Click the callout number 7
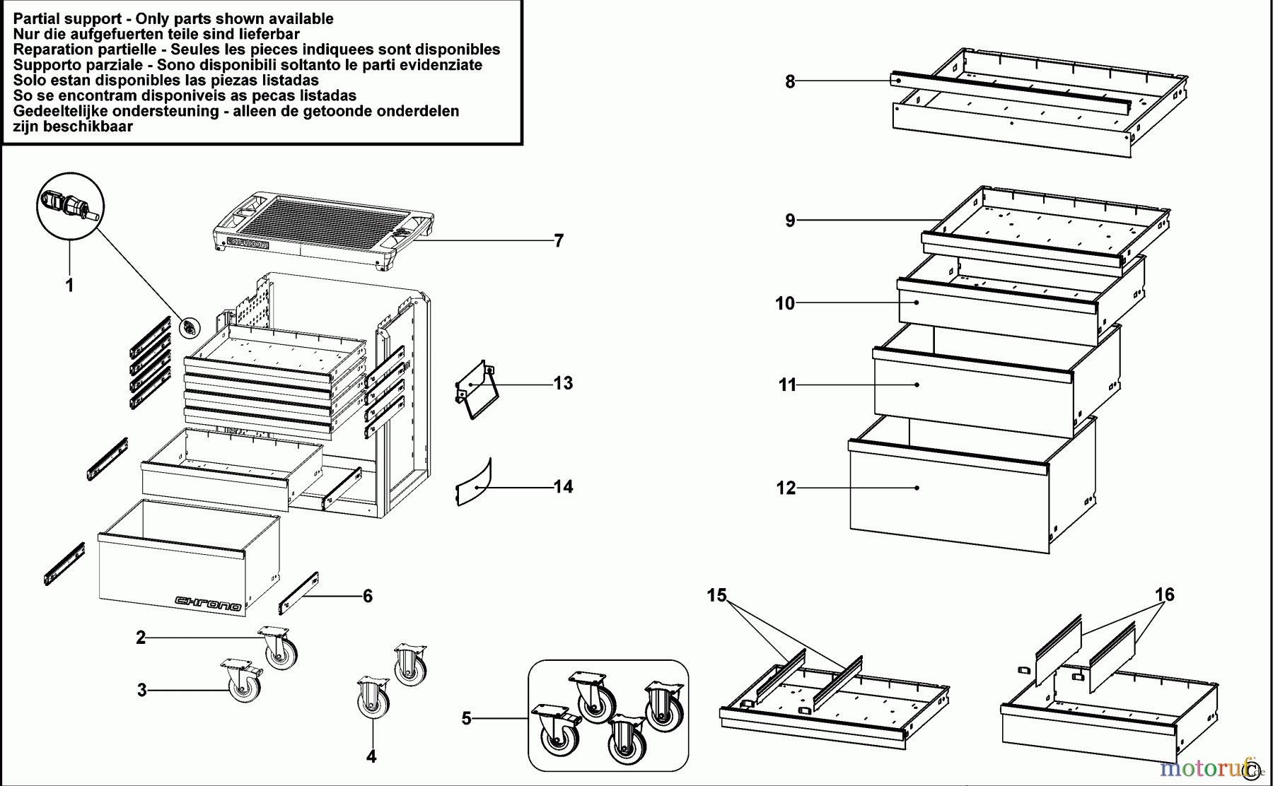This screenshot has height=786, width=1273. pyautogui.click(x=559, y=241)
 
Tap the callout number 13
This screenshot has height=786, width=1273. pyautogui.click(x=563, y=383)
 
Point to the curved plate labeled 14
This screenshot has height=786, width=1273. pyautogui.click(x=474, y=482)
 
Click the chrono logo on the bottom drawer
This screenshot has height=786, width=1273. pyautogui.click(x=208, y=603)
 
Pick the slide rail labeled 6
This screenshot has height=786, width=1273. pyautogui.click(x=298, y=593)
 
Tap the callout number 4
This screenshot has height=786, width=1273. pyautogui.click(x=371, y=756)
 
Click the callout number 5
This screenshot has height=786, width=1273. pyautogui.click(x=466, y=719)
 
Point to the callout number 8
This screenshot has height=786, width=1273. pyautogui.click(x=790, y=82)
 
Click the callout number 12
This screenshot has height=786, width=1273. pyautogui.click(x=786, y=488)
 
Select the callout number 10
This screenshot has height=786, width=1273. pyautogui.click(x=785, y=303)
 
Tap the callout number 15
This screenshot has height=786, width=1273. pyautogui.click(x=716, y=595)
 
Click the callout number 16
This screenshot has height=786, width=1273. pyautogui.click(x=1165, y=594)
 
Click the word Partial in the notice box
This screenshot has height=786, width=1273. pyautogui.click(x=36, y=19)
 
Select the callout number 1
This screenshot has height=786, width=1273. pyautogui.click(x=69, y=286)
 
